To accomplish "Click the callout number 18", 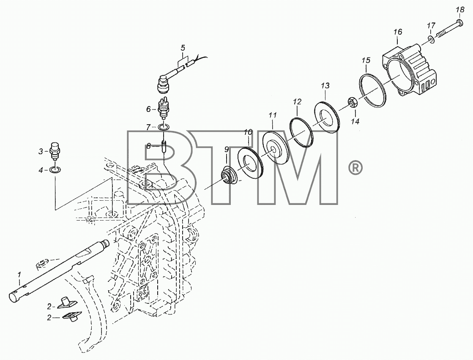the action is (460, 10).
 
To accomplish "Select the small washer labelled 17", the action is (432, 39).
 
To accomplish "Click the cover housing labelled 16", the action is (410, 68).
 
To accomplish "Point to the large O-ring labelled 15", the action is (373, 90).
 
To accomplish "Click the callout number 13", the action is (325, 86).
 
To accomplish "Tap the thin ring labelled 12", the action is (301, 132).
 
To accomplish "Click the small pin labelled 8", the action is (164, 147).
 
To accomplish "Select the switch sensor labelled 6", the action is (164, 109).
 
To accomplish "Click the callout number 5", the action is (183, 48).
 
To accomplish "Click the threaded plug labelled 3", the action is (55, 151).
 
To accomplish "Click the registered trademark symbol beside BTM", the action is (355, 168).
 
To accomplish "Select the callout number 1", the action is (19, 275).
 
